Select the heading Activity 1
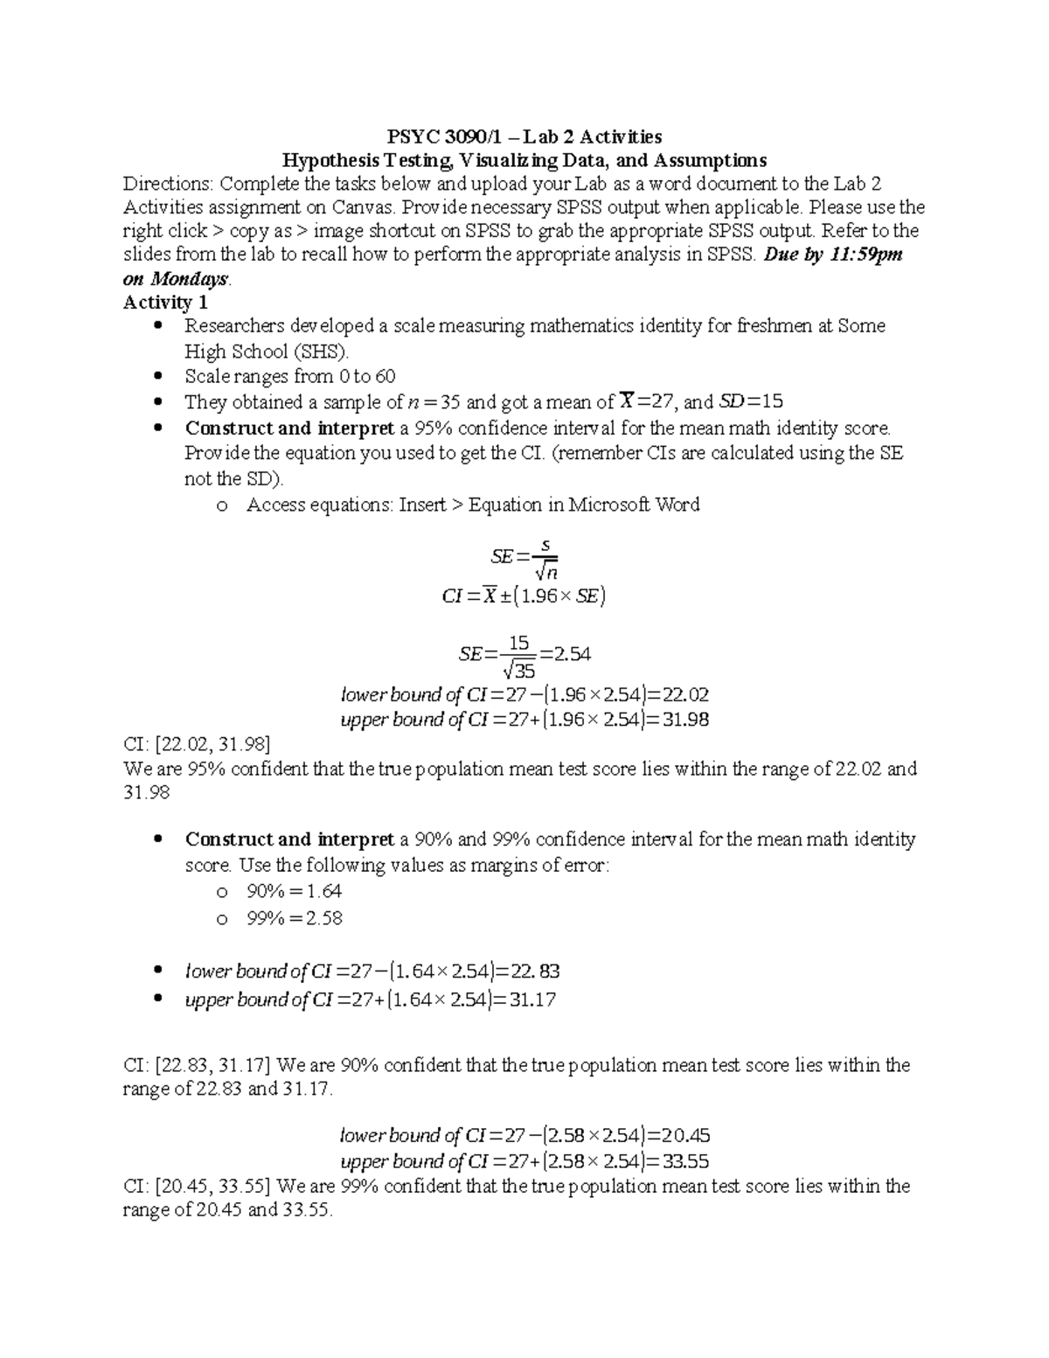pos(165,303)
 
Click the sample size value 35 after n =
pos(450,402)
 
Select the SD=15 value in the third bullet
pos(750,402)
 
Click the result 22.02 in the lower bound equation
pos(685,695)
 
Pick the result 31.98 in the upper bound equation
pos(685,720)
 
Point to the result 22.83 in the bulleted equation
pos(536,971)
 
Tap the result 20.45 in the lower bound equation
pos(685,1136)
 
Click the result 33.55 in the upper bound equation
pos(685,1161)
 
